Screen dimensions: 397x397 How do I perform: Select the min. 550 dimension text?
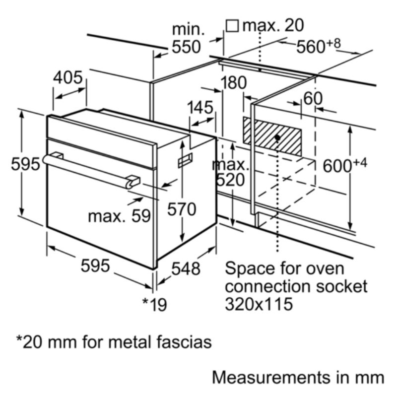187,38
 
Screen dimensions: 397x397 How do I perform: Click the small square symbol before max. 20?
232,25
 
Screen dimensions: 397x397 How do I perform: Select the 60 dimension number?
313,98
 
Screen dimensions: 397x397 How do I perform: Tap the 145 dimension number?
200,107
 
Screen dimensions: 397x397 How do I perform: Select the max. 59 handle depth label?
119,216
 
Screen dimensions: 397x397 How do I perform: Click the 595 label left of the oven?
25,164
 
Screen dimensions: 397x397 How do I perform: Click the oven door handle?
89,169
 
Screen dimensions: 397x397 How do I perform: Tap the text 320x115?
259,304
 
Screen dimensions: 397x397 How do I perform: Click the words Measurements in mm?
298,377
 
